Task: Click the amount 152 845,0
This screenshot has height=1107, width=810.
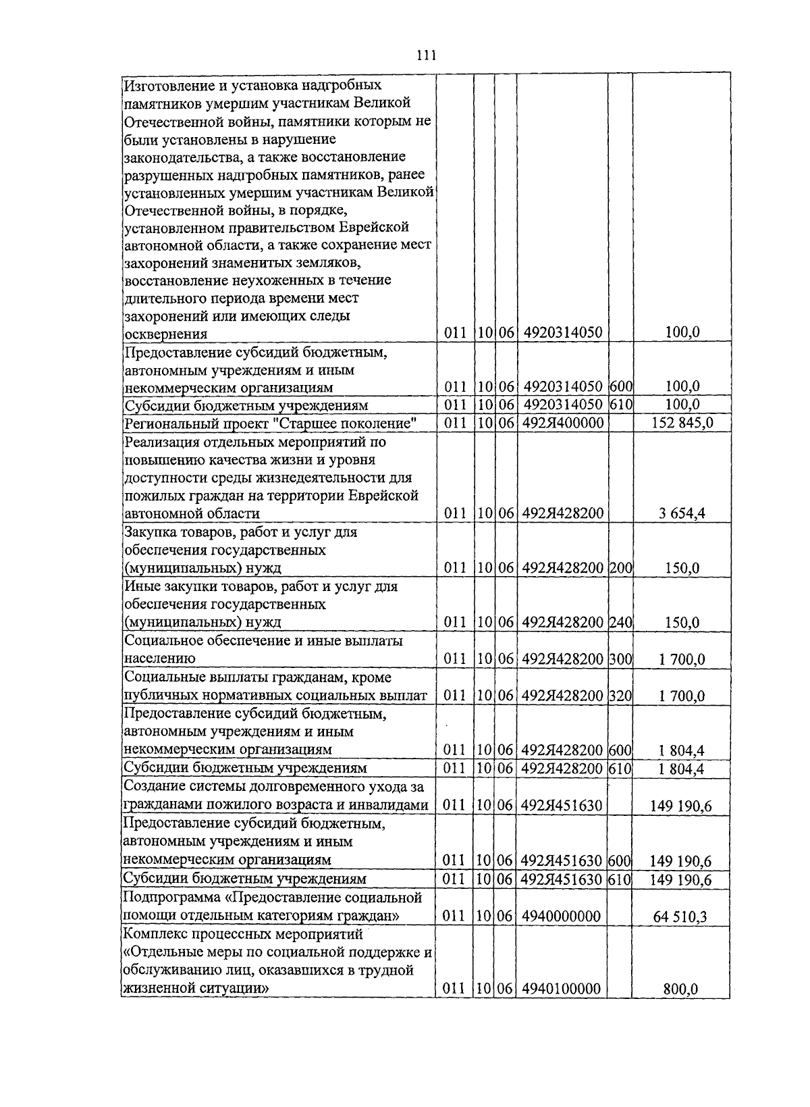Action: point(682,423)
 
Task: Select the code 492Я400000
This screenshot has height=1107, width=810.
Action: point(562,423)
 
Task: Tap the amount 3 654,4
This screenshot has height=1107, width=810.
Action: point(682,513)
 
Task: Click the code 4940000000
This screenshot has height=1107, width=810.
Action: point(562,917)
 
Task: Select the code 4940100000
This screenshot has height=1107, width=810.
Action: point(562,989)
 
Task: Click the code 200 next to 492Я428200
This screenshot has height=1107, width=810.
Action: point(620,568)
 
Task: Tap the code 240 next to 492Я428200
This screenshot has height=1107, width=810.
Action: point(620,622)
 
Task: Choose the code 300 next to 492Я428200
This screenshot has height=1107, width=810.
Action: point(620,659)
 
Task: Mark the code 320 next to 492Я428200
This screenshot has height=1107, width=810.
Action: point(620,696)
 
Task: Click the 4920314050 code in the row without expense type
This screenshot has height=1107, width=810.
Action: point(562,332)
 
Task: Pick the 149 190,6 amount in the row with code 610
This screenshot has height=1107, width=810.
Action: point(680,879)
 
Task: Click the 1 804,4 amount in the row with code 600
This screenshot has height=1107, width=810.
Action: point(682,750)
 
